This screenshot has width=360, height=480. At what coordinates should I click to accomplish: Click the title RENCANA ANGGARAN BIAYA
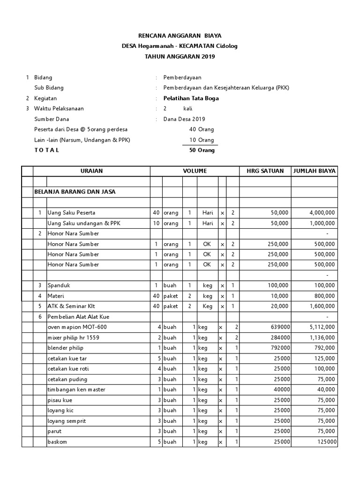tap(180, 36)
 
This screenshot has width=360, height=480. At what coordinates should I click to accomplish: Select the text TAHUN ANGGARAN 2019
tap(180, 57)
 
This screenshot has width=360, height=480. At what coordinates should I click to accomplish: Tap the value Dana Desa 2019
tap(184, 119)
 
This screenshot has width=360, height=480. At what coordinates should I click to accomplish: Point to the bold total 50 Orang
tap(202, 150)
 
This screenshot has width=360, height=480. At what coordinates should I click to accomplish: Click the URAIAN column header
tap(91, 171)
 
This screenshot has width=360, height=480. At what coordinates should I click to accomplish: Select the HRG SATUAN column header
tap(265, 171)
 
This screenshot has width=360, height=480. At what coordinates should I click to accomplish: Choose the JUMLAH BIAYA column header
tap(314, 171)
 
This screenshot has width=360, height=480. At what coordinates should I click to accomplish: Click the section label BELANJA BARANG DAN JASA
tap(75, 192)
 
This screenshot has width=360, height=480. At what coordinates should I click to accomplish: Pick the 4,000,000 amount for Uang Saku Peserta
tap(322, 213)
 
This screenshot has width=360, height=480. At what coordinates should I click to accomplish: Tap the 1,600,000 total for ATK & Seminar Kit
tap(322, 306)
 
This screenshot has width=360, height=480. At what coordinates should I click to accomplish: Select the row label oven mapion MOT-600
tap(74, 327)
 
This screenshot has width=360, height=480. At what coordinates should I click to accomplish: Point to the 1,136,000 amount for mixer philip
tap(322, 337)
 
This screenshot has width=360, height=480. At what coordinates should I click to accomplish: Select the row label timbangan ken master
tap(76, 390)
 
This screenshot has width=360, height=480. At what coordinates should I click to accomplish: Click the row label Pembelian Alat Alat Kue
tap(78, 317)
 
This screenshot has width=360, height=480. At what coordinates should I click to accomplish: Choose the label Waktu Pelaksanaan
tap(59, 109)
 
